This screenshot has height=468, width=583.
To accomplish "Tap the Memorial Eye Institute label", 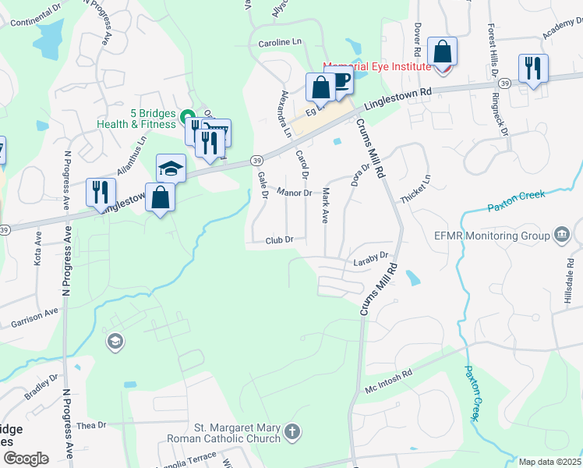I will click(x=376, y=66).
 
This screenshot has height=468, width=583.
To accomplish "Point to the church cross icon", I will click(x=292, y=431).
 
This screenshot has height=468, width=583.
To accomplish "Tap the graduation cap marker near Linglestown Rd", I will click(x=171, y=168).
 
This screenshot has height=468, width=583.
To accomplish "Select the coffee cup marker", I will click(x=339, y=82).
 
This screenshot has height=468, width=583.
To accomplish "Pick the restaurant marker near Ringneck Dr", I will click(x=533, y=68).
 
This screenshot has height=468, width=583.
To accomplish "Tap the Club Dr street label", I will click(x=278, y=240).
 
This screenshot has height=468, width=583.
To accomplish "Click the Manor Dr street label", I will click(x=295, y=192).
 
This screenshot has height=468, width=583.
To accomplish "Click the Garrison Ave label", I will click(x=34, y=317).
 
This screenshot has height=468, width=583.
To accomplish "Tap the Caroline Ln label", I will click(x=279, y=41).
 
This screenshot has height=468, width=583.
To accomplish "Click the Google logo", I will click(x=25, y=458).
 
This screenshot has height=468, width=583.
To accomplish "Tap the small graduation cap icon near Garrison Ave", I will click(x=115, y=341).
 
